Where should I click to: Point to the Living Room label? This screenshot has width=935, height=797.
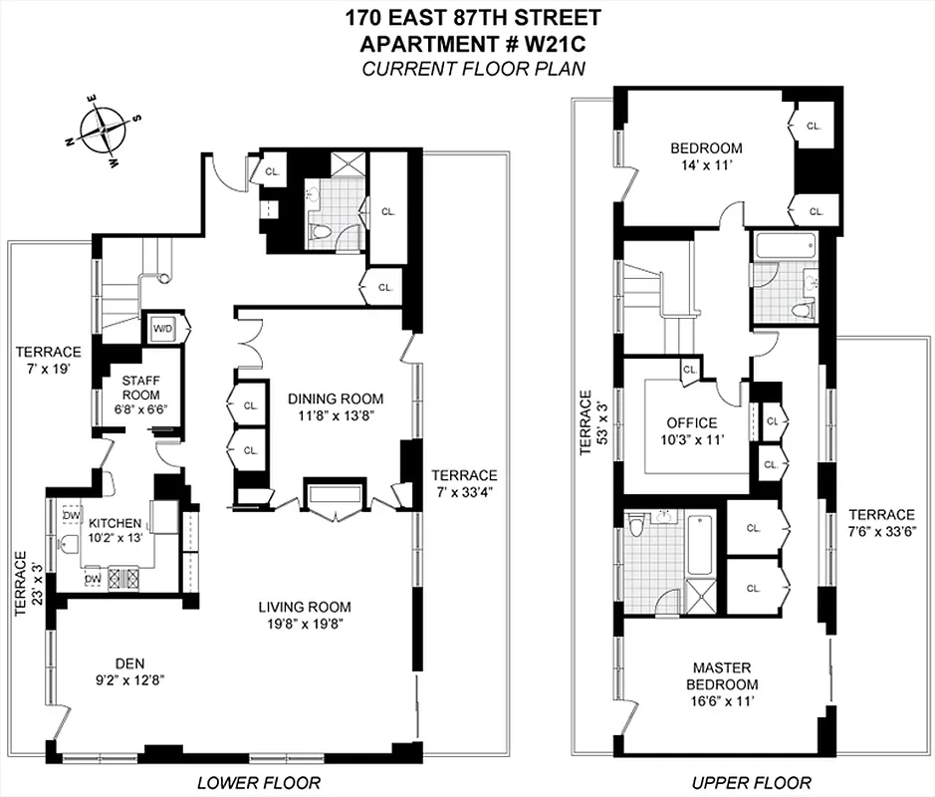pyautogui.click(x=305, y=607)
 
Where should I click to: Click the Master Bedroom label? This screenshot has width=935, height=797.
pyautogui.click(x=723, y=675)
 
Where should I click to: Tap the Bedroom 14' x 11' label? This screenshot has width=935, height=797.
pyautogui.click(x=705, y=156)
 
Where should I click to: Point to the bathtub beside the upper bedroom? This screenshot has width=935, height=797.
pyautogui.click(x=784, y=244)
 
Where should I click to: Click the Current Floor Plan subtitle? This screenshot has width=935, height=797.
pyautogui.click(x=472, y=68)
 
